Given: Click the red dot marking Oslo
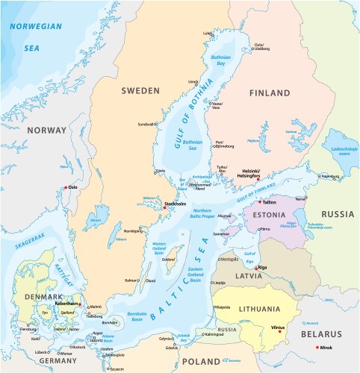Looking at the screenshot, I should [66, 187].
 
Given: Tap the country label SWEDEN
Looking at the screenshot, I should [140, 90].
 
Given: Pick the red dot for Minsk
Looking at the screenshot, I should [318, 348].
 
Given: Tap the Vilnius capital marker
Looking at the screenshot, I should [275, 330].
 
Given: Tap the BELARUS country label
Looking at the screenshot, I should [321, 336].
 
